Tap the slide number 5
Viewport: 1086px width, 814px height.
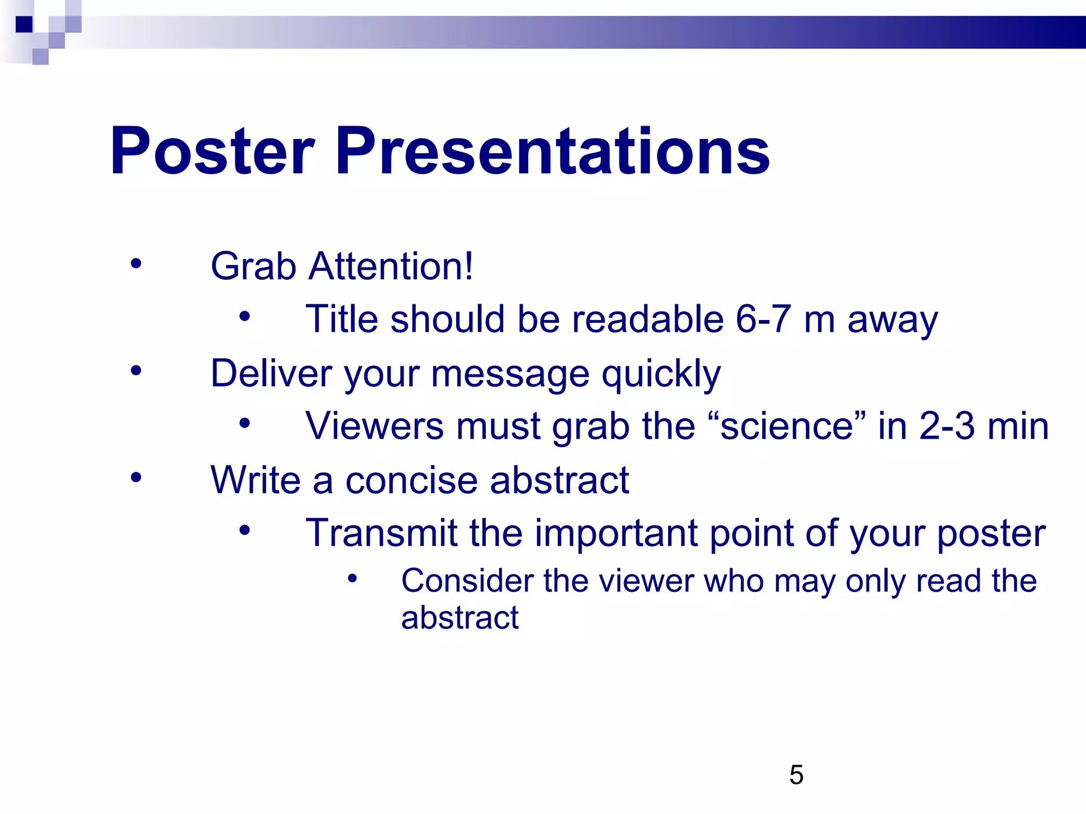(x=796, y=775)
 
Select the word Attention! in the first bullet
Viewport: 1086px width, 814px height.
(x=391, y=266)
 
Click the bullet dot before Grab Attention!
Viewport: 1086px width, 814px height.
(x=136, y=263)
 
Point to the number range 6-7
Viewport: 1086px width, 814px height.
(x=763, y=319)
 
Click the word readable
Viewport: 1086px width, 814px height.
(x=647, y=319)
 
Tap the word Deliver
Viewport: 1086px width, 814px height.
(x=271, y=373)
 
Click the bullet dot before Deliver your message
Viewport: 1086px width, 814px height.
(x=136, y=370)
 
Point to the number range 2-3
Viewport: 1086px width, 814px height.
(x=947, y=426)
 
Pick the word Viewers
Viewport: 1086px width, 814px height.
(x=374, y=426)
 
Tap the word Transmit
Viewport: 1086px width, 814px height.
(x=381, y=533)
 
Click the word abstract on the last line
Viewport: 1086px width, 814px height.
(x=460, y=617)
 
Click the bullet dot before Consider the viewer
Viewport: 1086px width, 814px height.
(x=353, y=578)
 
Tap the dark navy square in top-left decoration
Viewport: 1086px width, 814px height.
(x=24, y=24)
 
